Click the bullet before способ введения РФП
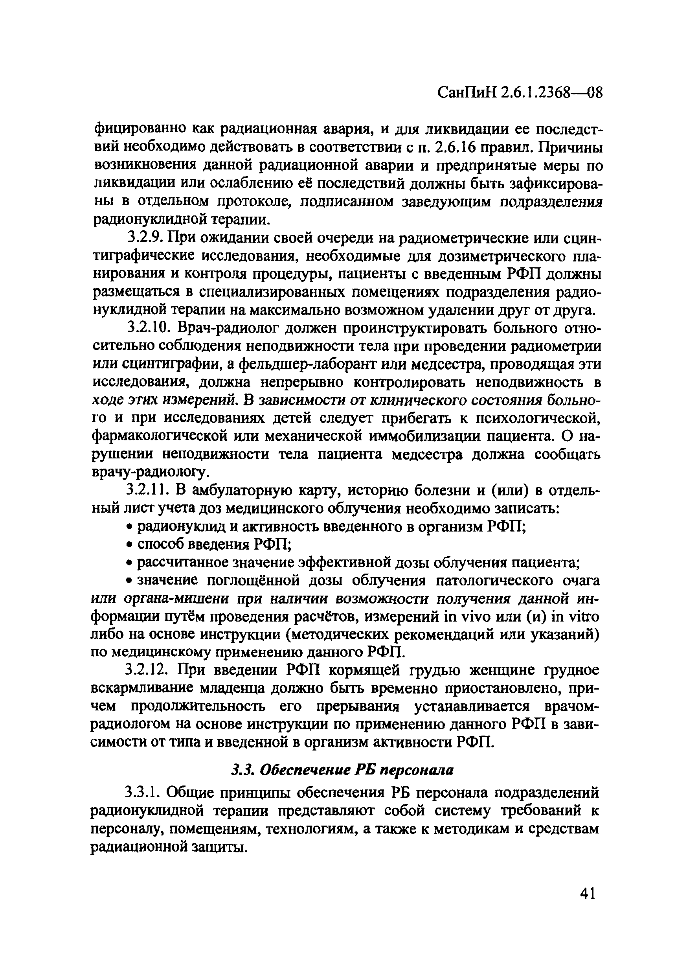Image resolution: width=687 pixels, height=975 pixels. click(x=129, y=545)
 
